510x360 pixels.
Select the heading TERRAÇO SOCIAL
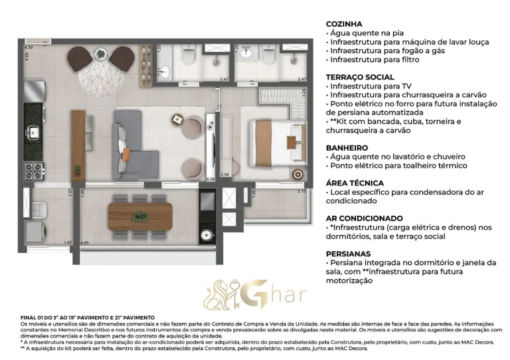click(359, 77)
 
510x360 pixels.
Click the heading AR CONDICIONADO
click(365, 218)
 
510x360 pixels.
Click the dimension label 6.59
click(211, 179)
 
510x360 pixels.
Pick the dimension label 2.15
click(301, 192)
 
